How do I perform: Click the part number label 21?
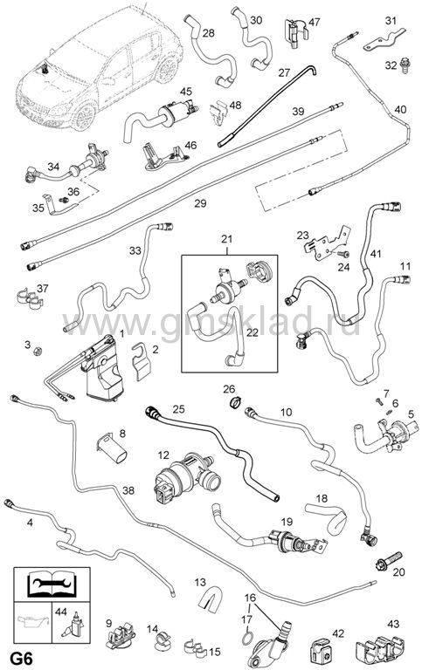pos(226,239)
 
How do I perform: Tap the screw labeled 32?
pos(404,64)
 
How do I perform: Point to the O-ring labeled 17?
pos(247,638)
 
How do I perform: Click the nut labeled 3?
pos(38,352)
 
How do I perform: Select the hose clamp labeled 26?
pos(235,402)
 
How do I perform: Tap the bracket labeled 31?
pos(384,41)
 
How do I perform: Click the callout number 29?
pos(200,203)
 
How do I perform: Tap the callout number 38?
pos(128,490)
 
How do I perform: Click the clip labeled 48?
pos(218,113)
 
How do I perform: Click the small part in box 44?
pos(73,627)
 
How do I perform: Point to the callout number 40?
pos(400,109)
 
